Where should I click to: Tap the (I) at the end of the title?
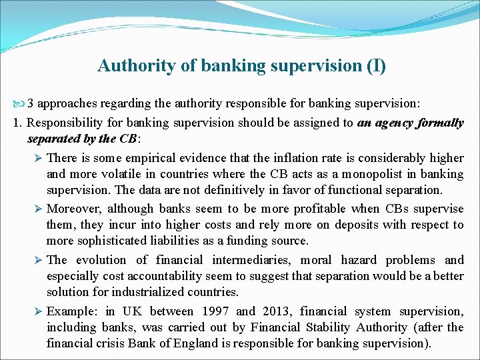pos(374,66)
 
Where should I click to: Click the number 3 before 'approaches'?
pos(31,104)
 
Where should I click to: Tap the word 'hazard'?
pos(357,260)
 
